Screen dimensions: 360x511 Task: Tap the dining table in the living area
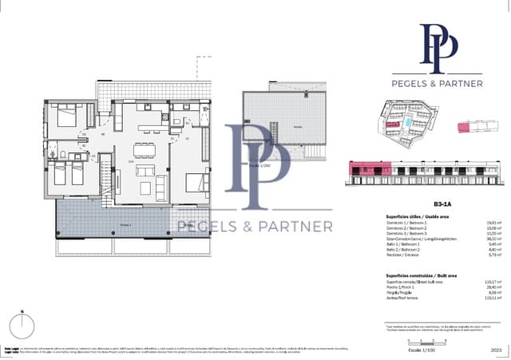tap(145, 149)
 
